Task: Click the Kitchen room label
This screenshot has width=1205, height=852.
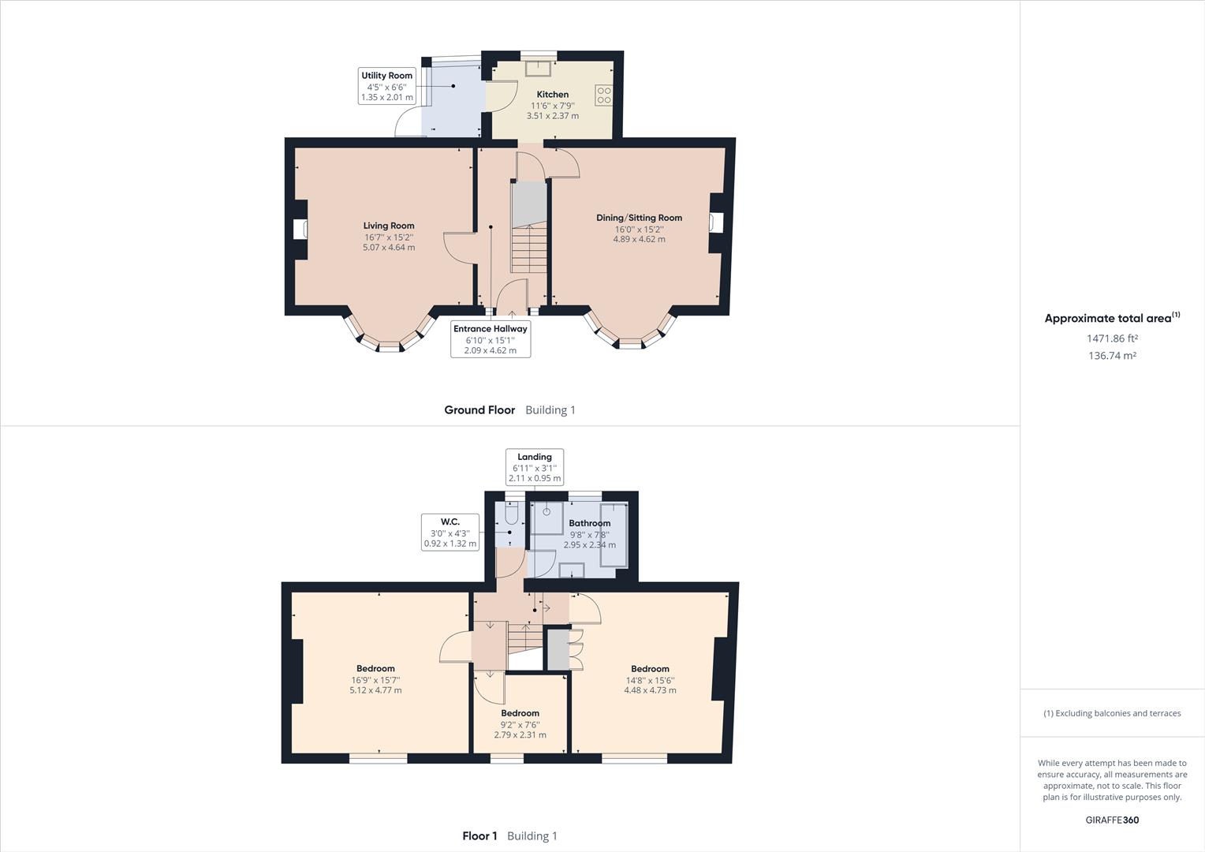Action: pyautogui.click(x=552, y=95)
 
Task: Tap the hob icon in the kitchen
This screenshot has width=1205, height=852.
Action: pyautogui.click(x=603, y=95)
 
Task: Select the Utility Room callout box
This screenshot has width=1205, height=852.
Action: pyautogui.click(x=386, y=86)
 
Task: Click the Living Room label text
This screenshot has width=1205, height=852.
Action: pyautogui.click(x=388, y=226)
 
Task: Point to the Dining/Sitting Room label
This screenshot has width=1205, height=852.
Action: pyautogui.click(x=639, y=218)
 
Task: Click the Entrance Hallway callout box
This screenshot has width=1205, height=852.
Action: pyautogui.click(x=490, y=339)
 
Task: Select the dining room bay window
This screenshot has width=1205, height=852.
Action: pyautogui.click(x=629, y=335)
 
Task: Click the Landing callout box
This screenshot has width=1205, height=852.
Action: pyautogui.click(x=534, y=467)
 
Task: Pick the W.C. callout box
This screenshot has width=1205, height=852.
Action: pyautogui.click(x=450, y=532)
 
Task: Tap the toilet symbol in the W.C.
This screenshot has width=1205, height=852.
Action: pyautogui.click(x=511, y=515)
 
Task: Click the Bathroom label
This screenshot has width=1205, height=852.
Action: pyautogui.click(x=589, y=523)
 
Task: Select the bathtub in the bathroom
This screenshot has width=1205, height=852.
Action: pyautogui.click(x=614, y=535)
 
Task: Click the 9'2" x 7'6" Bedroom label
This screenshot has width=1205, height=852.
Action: pyautogui.click(x=520, y=713)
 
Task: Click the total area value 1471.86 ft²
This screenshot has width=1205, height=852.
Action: pyautogui.click(x=1112, y=338)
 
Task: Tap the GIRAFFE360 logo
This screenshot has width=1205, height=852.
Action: pyautogui.click(x=1112, y=820)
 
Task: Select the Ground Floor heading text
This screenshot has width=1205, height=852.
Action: pyautogui.click(x=479, y=410)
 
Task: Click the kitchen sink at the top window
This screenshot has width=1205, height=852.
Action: pyautogui.click(x=539, y=67)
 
